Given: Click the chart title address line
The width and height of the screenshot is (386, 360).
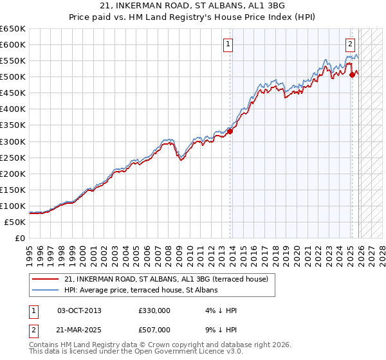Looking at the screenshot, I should click(x=192, y=6).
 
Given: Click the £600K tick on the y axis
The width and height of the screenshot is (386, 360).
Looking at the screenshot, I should click(x=13, y=44).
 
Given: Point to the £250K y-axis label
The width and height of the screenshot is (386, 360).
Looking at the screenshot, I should click(x=13, y=157).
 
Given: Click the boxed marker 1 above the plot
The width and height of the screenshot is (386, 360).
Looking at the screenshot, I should click(x=228, y=44).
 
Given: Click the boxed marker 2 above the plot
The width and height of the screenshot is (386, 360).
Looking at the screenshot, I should click(x=349, y=44).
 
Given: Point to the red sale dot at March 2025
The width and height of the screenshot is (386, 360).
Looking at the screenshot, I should click(x=352, y=75).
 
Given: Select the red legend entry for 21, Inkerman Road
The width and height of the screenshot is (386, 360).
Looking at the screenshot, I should click(x=170, y=279).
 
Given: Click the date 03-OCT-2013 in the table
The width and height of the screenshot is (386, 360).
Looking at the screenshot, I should click(x=79, y=310).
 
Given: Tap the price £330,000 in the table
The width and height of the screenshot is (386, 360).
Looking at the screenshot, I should click(x=154, y=310).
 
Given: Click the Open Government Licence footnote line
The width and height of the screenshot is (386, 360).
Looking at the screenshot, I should click(x=135, y=352).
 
